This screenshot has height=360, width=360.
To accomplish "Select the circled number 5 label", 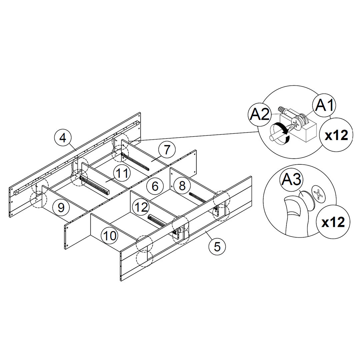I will click(x=217, y=247).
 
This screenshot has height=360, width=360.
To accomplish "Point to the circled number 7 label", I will click(x=167, y=150).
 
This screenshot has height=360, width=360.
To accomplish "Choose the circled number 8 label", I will click(x=182, y=186).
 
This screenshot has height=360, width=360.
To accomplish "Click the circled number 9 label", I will click(x=61, y=207).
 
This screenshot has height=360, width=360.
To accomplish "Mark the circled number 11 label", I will click(x=122, y=173).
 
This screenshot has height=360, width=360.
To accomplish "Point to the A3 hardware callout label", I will click(x=291, y=180).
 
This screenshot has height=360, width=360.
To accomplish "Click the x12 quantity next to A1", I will click(x=336, y=135).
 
